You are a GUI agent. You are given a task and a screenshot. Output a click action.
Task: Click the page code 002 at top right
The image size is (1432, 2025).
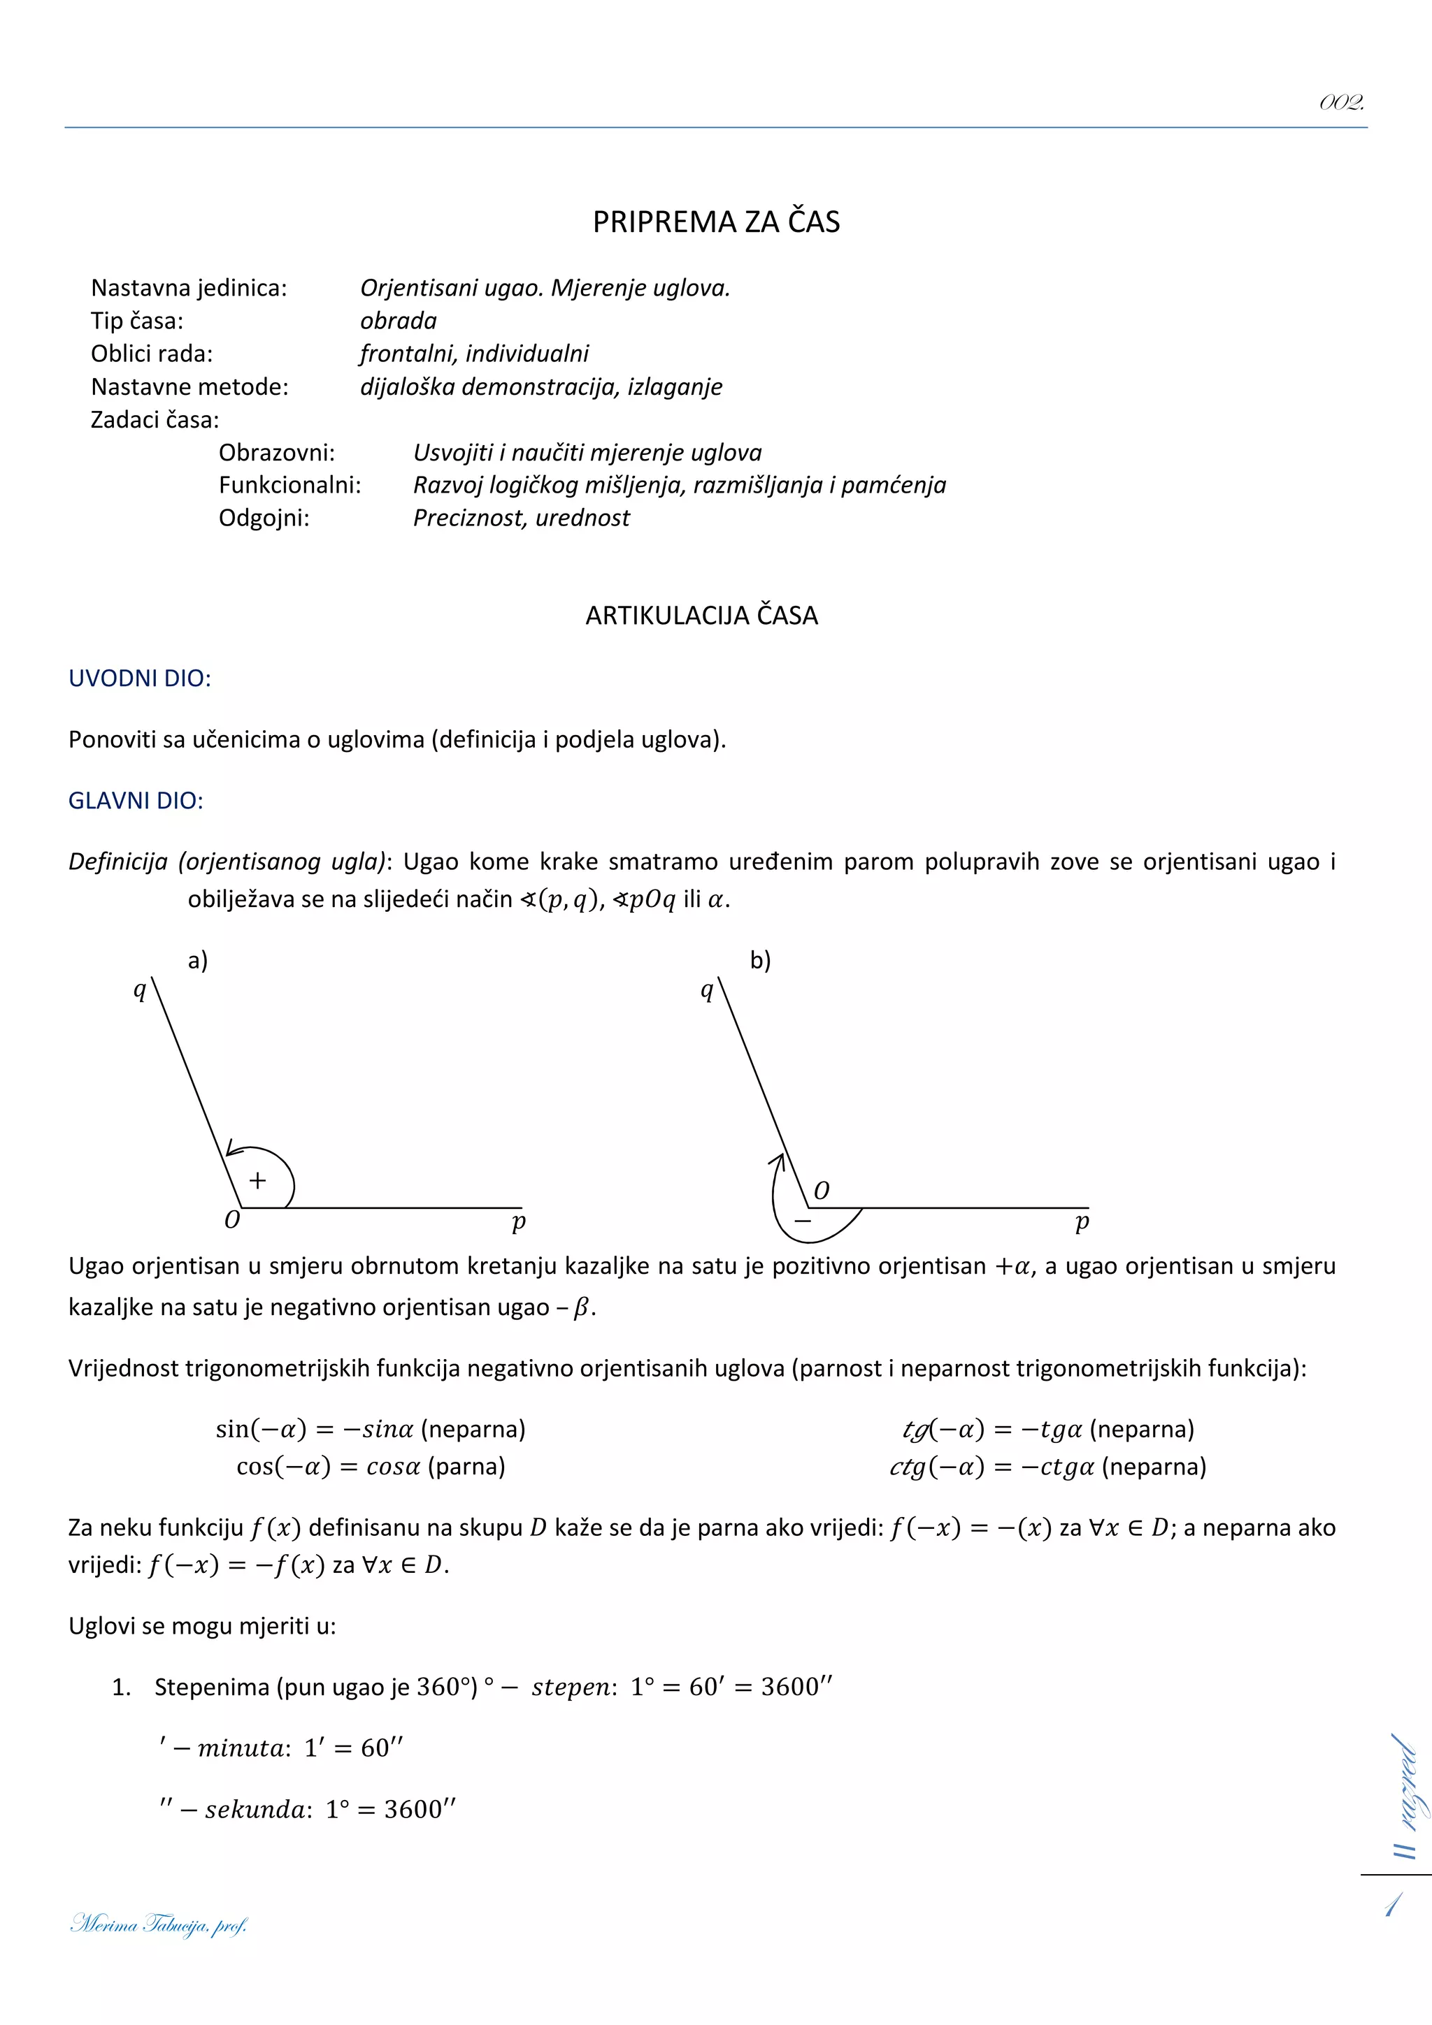point(1341,103)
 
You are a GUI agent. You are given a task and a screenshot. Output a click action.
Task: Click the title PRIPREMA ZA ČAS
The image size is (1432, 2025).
point(715,222)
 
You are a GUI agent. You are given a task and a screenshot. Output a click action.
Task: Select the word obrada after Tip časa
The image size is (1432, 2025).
point(398,321)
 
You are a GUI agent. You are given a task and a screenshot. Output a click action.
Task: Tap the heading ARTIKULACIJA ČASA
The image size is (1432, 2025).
point(701,616)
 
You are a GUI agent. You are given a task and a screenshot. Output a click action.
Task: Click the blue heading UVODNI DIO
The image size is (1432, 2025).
point(139,678)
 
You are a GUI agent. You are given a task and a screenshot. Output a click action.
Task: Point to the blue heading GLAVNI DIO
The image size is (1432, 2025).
point(136,801)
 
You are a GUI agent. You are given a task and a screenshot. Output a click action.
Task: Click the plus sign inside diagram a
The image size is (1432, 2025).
point(257,1180)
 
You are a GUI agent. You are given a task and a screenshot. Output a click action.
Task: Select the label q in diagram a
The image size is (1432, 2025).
point(139,989)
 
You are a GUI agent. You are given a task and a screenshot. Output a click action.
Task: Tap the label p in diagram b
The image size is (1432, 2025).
point(1082,1221)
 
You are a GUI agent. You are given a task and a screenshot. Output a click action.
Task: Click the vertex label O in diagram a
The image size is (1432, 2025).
point(232,1221)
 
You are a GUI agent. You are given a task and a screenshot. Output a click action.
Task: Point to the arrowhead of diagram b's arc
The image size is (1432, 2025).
point(778,1160)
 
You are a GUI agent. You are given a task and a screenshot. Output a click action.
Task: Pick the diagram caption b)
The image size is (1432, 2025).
point(759,961)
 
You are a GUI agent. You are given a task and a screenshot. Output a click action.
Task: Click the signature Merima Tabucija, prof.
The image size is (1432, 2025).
point(159,1924)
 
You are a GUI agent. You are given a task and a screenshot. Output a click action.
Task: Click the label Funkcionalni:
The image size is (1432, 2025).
point(289,485)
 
